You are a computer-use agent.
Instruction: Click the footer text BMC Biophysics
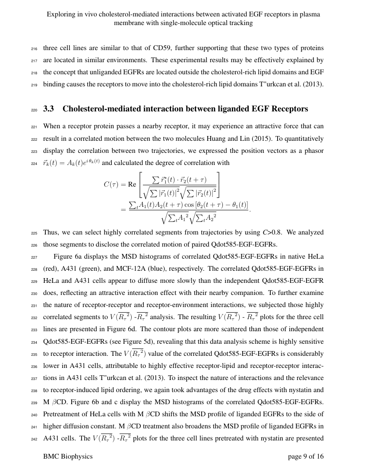point(68,456)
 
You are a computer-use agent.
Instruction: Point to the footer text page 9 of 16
point(306,456)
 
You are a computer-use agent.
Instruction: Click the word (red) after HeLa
point(51,268)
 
